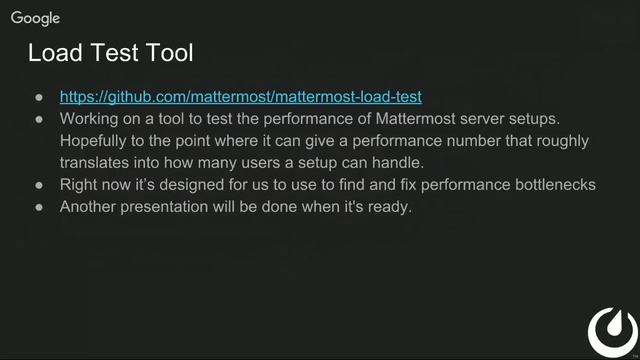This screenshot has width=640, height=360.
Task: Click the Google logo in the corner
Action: tap(36, 18)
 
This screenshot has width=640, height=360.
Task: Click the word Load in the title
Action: tap(54, 52)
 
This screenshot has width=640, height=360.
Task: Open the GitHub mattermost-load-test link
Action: tap(240, 97)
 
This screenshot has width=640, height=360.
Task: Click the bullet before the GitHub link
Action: tap(39, 97)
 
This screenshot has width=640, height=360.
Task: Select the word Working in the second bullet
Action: tap(92, 119)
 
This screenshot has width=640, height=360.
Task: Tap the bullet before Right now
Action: tap(39, 185)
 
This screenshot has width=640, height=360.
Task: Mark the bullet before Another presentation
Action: tap(39, 207)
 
